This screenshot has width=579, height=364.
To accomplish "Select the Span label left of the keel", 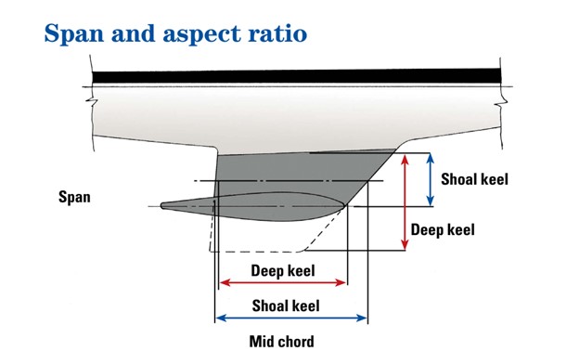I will [74, 197].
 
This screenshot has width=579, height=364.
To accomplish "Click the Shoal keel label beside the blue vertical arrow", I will [474, 178].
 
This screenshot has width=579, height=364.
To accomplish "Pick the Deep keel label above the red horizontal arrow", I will [283, 271].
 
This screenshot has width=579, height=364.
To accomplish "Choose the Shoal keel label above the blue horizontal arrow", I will [286, 305].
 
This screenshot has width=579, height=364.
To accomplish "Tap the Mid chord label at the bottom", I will [281, 341].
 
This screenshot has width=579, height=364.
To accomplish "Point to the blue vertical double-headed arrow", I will [430, 178].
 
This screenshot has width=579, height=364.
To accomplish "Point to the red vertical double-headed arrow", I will [405, 201].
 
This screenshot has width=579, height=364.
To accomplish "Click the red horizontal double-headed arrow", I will [282, 283].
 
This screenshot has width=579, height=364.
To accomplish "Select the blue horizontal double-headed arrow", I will [290, 318].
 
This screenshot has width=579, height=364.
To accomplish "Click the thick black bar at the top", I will [297, 73].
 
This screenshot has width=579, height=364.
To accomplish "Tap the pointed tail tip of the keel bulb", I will [163, 206].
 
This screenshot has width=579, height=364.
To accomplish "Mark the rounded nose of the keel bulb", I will [344, 205].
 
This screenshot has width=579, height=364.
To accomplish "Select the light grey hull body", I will [278, 116].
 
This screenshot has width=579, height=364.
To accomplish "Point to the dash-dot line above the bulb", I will [278, 180].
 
